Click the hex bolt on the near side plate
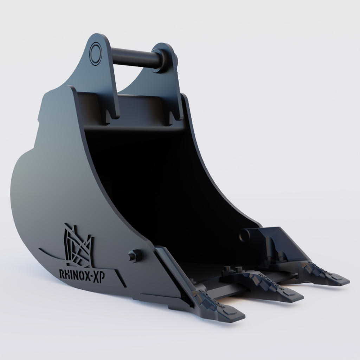(135, 256)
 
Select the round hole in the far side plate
(244, 236)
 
